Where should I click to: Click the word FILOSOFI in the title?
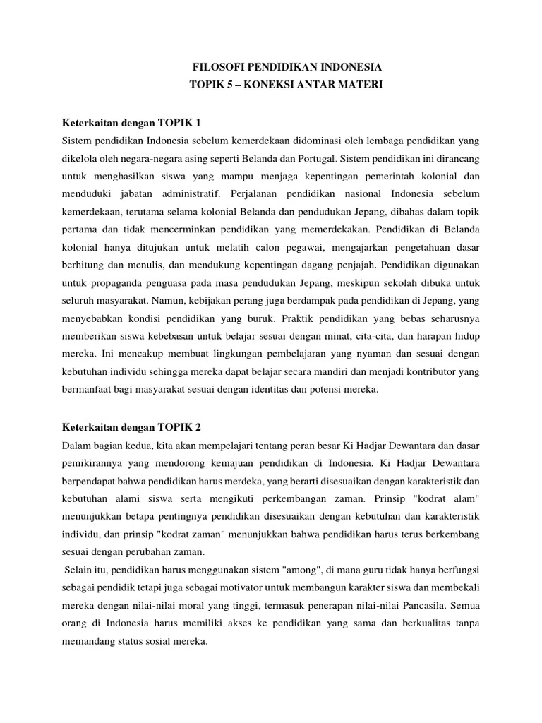(217, 68)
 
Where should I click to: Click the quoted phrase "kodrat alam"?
(453, 498)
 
